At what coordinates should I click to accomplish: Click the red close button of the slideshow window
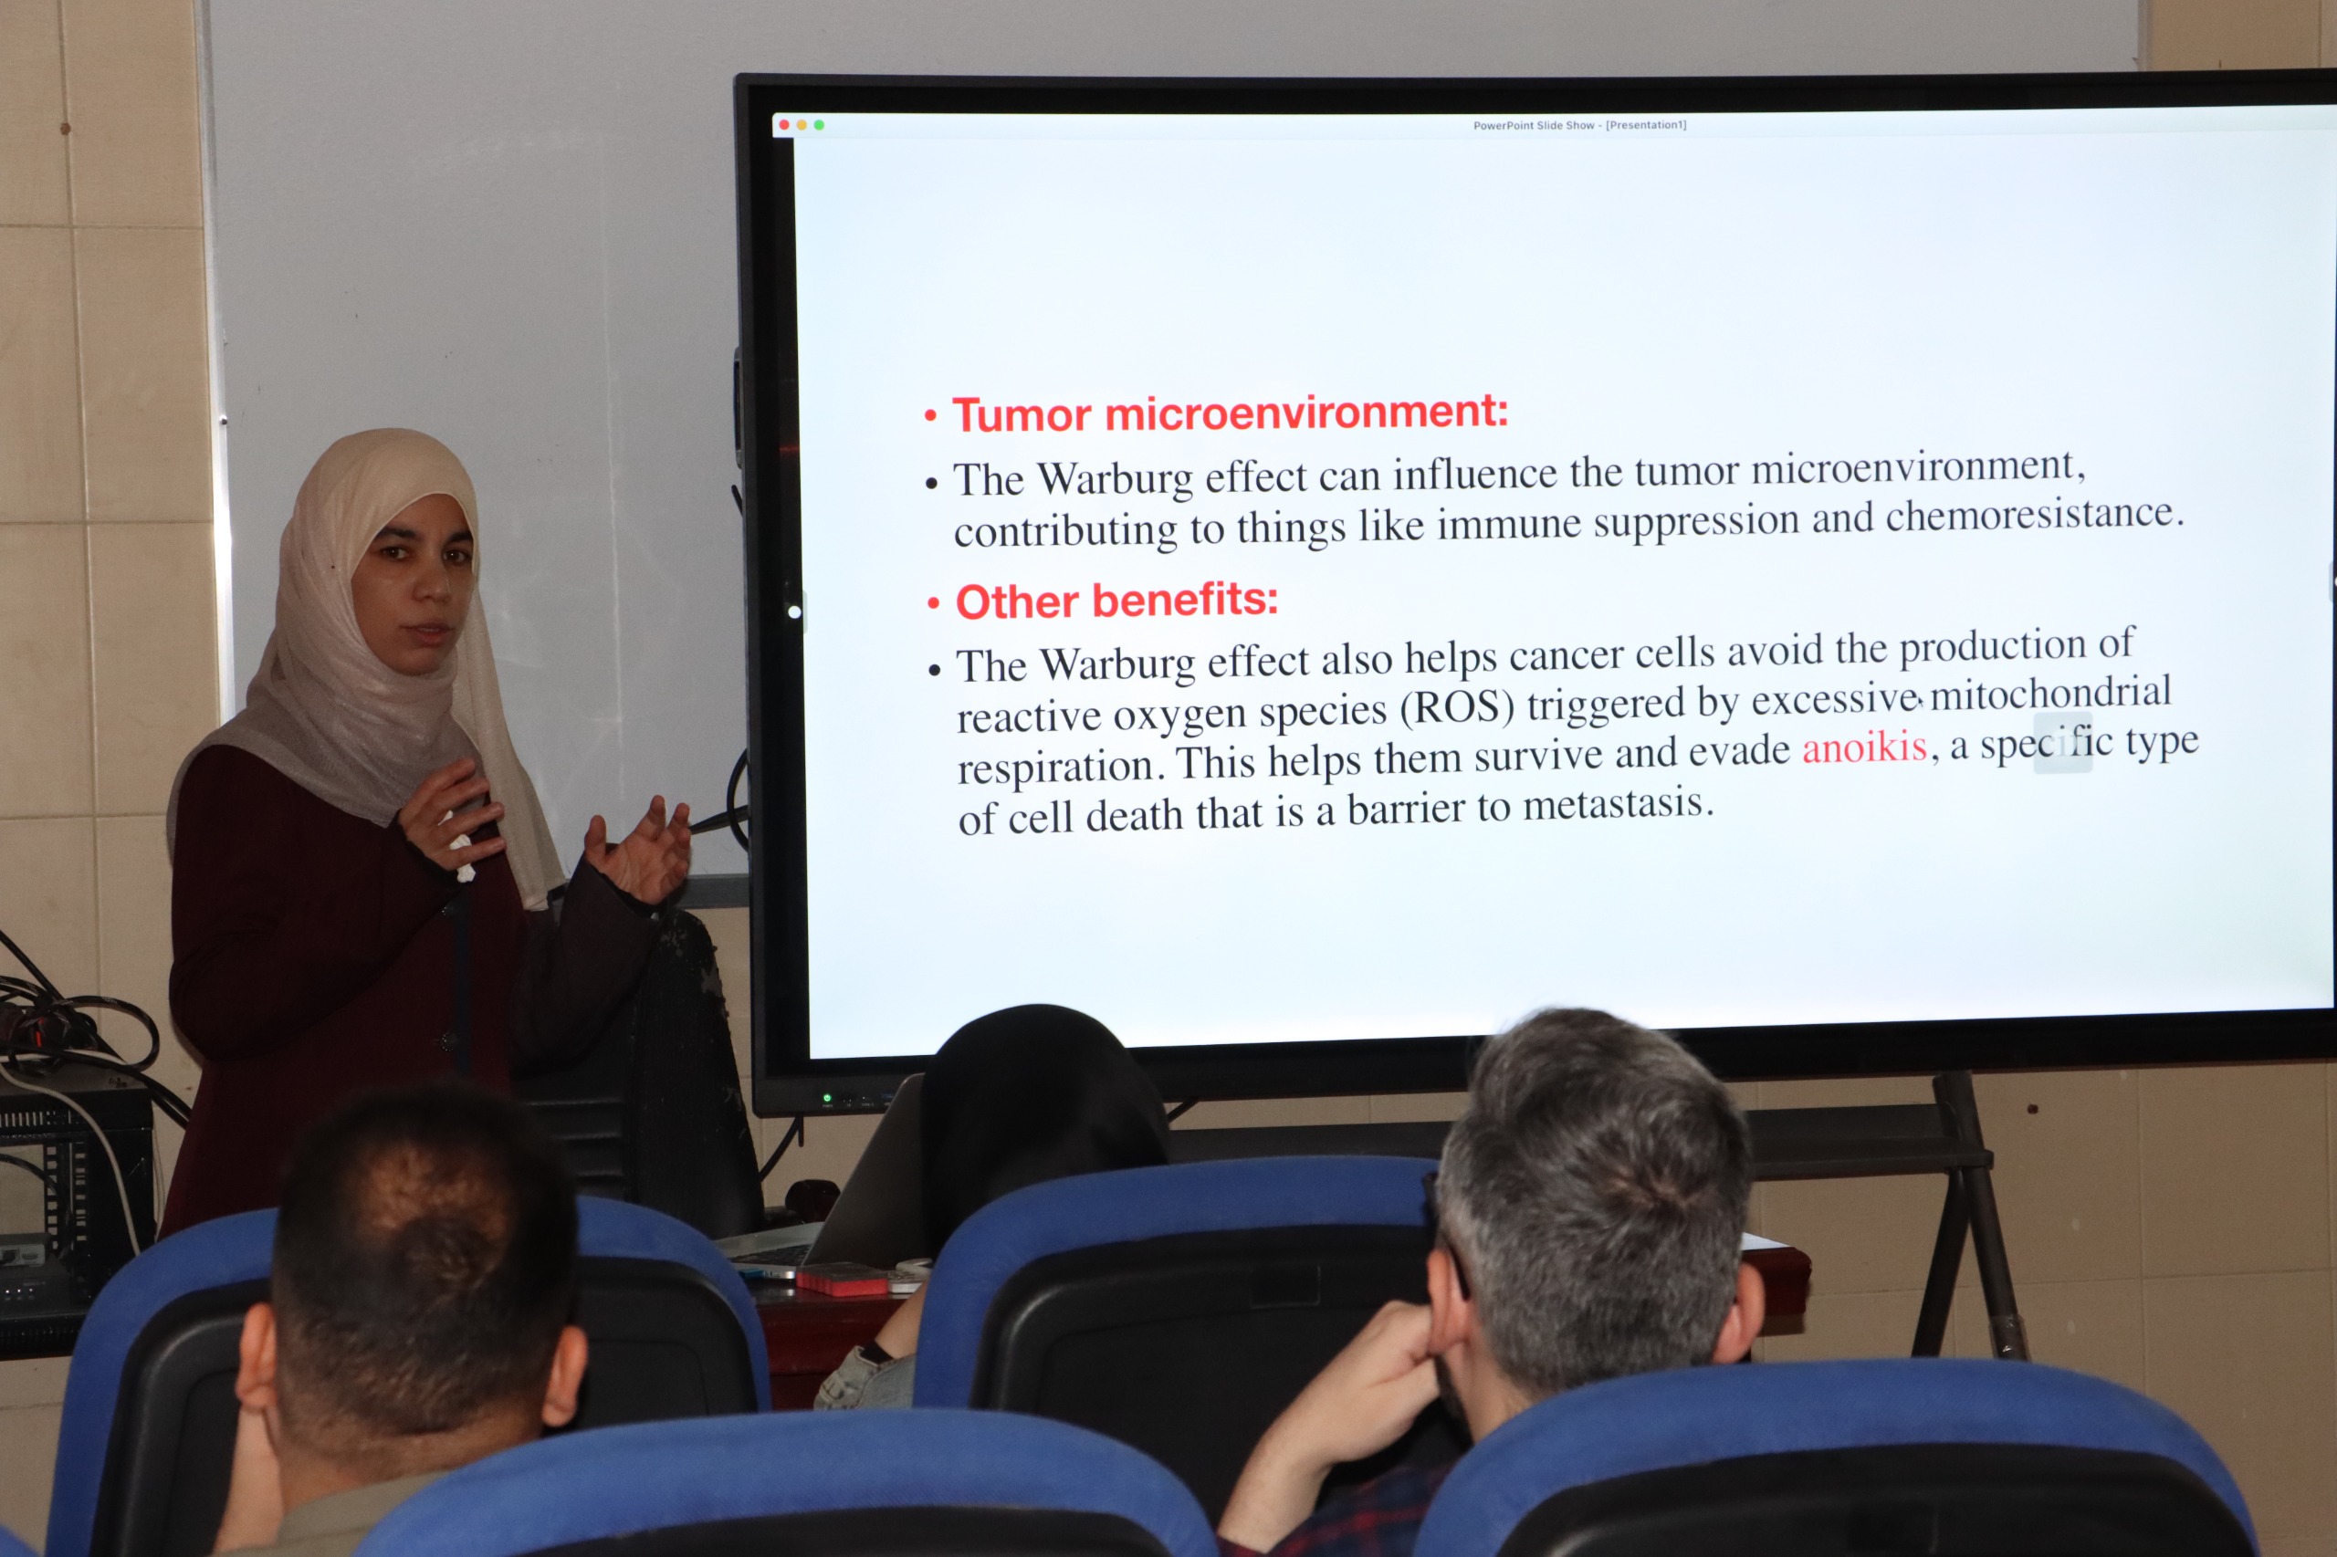click(x=784, y=125)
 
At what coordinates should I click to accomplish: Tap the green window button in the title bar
click(x=818, y=125)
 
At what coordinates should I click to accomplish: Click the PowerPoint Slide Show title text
click(x=1579, y=125)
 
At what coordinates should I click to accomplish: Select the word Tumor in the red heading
click(x=1022, y=415)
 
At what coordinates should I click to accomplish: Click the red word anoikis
click(x=1864, y=747)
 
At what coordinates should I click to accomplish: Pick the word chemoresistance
click(x=2034, y=515)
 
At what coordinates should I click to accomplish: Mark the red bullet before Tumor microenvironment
click(x=930, y=416)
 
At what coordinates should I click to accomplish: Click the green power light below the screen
click(x=826, y=1098)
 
